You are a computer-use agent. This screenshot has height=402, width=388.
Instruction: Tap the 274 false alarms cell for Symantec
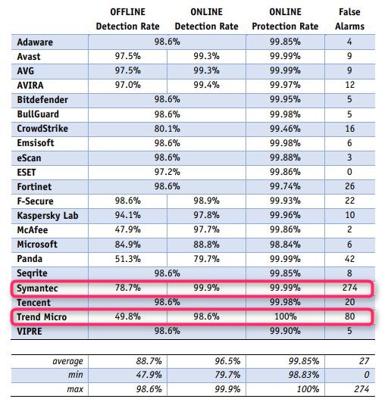(350, 288)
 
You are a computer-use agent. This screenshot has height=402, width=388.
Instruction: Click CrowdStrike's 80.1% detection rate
(167, 128)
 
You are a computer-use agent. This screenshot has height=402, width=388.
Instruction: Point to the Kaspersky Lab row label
(49, 214)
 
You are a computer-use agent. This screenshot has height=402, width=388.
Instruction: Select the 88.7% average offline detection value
(125, 363)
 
